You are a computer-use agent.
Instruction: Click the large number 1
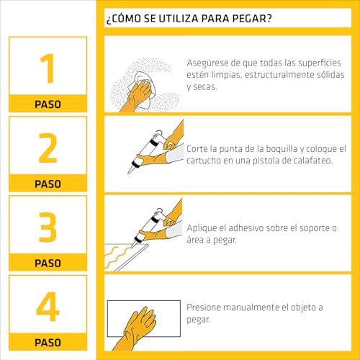[x=48, y=68]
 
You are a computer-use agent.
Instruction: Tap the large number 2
[x=48, y=148]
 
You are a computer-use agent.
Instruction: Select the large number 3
[x=48, y=227]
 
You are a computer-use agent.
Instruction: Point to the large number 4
[x=48, y=307]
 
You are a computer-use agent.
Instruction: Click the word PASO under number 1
[x=48, y=104]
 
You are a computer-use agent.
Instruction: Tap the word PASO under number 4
[x=48, y=343]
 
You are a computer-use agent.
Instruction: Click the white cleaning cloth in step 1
[x=142, y=89]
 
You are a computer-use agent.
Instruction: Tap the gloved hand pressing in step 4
[x=138, y=328]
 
